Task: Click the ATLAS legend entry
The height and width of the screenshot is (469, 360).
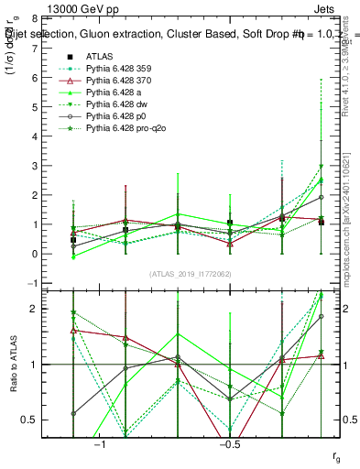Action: (x=100, y=56)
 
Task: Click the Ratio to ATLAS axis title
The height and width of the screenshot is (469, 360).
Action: (x=13, y=365)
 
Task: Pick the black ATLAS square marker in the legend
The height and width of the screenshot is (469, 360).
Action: (x=73, y=56)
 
